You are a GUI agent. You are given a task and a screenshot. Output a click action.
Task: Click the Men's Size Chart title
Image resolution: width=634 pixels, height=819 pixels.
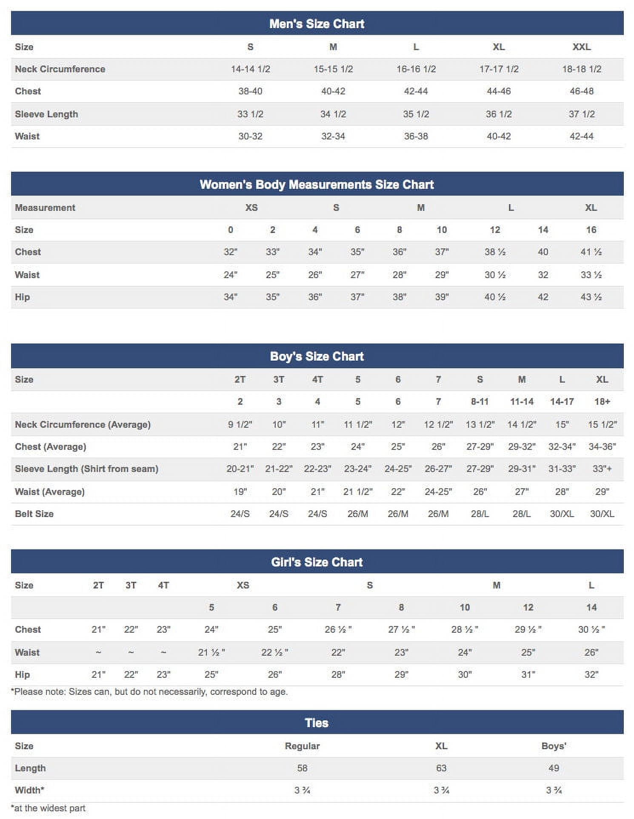tap(317, 24)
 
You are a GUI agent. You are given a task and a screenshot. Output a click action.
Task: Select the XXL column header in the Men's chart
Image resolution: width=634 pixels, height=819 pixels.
tap(581, 47)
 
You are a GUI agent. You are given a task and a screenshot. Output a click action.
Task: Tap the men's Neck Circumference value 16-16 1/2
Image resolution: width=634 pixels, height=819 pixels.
tap(416, 69)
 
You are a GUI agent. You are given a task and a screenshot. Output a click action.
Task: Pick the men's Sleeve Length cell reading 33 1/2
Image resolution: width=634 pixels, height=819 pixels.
tap(250, 114)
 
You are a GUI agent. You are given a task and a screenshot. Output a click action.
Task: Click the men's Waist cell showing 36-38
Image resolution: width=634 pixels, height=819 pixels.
tap(416, 136)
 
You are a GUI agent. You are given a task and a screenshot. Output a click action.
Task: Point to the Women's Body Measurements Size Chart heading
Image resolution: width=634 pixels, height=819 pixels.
tap(317, 185)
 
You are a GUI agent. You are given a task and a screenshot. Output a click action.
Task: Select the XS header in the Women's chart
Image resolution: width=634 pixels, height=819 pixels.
tap(251, 208)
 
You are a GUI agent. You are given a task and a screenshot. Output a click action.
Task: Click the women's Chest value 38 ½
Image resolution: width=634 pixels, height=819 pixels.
tap(495, 252)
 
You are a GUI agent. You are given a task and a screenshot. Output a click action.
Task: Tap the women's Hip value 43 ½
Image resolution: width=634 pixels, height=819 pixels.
tap(591, 297)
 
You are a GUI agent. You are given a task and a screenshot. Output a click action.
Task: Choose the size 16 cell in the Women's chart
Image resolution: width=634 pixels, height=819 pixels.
tap(591, 230)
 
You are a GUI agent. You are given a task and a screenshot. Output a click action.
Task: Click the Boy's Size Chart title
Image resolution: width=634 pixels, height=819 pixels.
tap(317, 356)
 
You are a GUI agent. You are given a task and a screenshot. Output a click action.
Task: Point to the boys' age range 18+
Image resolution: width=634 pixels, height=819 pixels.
tap(602, 402)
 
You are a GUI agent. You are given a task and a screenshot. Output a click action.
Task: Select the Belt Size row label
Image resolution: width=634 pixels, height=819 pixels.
tap(34, 514)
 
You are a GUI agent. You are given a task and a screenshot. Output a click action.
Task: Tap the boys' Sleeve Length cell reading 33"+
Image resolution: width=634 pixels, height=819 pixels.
tap(602, 469)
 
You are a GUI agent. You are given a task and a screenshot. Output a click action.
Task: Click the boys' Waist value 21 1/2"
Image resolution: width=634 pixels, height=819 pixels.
tap(357, 492)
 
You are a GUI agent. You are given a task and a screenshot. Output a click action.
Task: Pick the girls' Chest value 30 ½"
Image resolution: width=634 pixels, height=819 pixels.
tap(591, 630)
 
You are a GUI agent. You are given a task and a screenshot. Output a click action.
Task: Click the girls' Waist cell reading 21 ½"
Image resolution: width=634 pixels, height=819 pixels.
tap(211, 653)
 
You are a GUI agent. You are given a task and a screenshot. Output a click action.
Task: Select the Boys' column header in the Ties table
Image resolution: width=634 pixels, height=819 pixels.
tap(554, 746)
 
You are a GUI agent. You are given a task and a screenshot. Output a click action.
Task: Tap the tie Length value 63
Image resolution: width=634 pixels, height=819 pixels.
tap(441, 768)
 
